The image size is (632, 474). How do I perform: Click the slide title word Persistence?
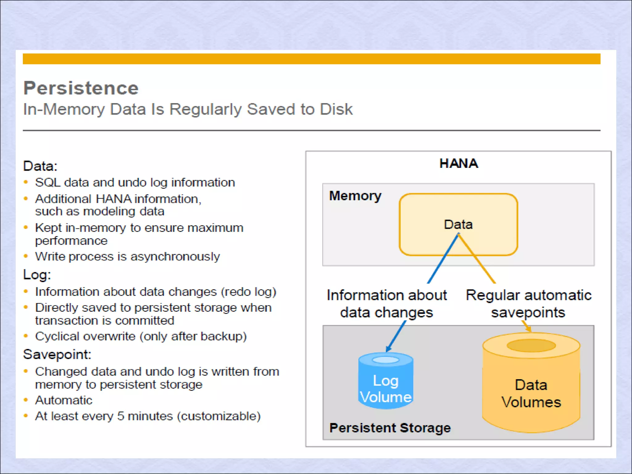point(81,88)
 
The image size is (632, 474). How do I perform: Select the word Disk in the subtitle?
point(336,109)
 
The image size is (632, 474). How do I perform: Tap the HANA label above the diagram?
point(459,164)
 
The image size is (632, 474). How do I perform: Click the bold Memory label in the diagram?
point(355,196)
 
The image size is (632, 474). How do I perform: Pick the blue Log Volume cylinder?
point(386,381)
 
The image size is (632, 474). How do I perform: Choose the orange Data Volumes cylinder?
point(531,383)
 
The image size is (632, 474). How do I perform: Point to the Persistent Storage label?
point(390,428)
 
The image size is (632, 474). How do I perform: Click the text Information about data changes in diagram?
point(387,304)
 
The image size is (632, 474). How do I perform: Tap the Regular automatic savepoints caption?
point(528,304)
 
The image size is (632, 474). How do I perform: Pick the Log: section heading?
point(37,275)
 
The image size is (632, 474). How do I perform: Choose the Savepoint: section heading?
point(57,354)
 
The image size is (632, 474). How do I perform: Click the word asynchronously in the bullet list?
point(175,257)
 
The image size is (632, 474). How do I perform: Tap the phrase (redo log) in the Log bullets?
point(248,292)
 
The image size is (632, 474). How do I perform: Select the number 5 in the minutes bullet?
point(121,416)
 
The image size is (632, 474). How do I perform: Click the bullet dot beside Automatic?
point(26,400)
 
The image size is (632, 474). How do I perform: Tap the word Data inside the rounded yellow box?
point(458,225)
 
